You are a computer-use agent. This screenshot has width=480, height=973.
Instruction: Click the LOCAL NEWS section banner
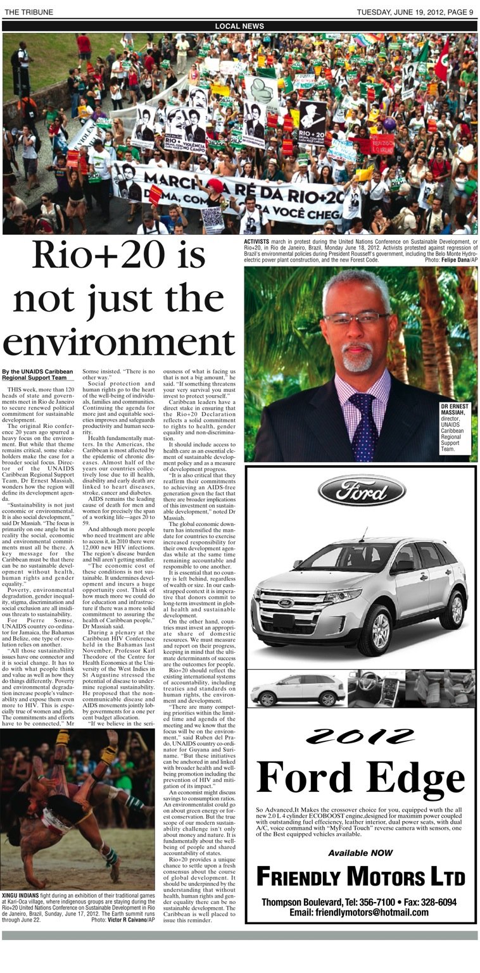tap(239, 26)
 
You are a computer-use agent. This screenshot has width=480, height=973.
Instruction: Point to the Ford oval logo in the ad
tap(362, 489)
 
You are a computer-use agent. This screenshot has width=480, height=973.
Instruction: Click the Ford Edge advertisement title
tap(361, 776)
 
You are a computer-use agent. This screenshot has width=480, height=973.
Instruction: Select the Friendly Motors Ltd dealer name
tap(361, 877)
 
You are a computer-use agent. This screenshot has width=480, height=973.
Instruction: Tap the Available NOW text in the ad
tap(360, 853)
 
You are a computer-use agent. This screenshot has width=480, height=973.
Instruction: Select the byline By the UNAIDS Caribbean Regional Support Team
tap(37, 375)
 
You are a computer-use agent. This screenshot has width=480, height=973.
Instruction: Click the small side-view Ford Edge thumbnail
tap(296, 689)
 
